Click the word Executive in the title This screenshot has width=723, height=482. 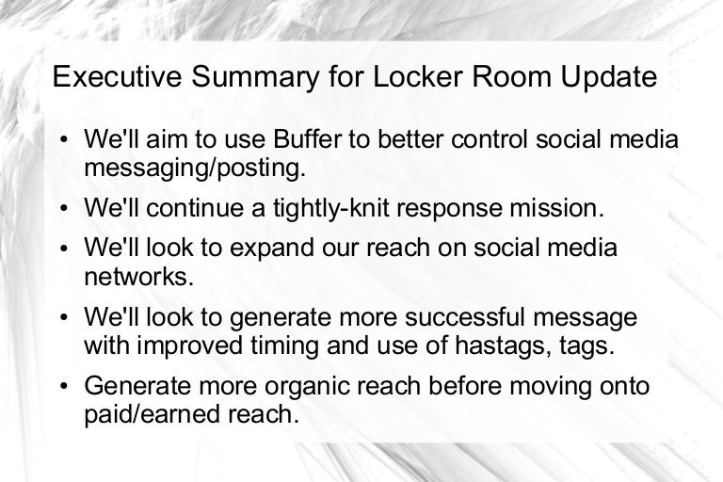pos(118,76)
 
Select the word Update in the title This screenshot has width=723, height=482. pos(609,77)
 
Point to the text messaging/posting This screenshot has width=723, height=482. pos(195,169)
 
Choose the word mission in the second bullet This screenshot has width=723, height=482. pos(556,207)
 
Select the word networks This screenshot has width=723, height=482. pos(138,276)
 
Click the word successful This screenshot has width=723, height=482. pos(465,317)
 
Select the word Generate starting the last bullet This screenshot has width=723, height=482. pos(137,386)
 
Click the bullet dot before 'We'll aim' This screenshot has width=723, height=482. pos(64,139)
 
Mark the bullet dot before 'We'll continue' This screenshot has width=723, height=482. pos(64,208)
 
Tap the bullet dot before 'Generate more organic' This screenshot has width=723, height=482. pos(64,387)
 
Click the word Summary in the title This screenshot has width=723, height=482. pos(255,77)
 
